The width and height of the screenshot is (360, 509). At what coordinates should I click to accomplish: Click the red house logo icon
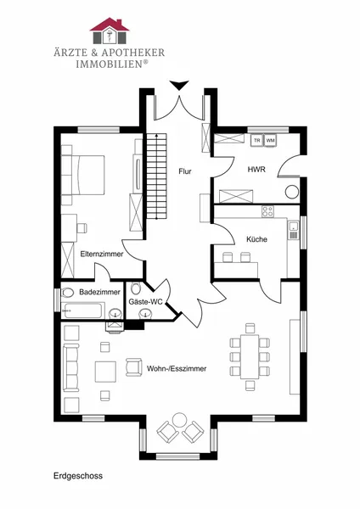coord(110,31)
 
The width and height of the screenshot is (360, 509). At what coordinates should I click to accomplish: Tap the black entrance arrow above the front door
coord(179,85)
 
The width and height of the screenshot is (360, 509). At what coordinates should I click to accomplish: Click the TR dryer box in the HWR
coord(257,141)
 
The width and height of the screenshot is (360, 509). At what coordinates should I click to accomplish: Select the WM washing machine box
coord(270,141)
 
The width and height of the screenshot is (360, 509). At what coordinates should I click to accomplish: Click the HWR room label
coord(256,170)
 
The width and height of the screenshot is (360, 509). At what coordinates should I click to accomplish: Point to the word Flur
coord(185,171)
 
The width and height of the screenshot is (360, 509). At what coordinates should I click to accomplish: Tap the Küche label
coord(256,239)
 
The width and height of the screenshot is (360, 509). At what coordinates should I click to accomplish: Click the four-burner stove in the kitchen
coord(267,211)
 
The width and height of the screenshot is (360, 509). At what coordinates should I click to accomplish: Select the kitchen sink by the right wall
coord(294,230)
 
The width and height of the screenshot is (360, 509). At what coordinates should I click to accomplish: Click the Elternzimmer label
coord(102,254)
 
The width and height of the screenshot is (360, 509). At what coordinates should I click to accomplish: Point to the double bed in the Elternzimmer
coord(83,175)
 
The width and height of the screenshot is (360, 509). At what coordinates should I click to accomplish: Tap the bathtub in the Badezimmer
coord(83,310)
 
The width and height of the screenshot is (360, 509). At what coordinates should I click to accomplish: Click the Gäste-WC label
coord(145,302)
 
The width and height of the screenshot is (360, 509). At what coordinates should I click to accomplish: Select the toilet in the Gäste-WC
coord(136,288)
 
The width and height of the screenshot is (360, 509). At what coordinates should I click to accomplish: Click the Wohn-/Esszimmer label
coord(177,369)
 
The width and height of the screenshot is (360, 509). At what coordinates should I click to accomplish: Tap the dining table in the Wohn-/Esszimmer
coord(250,357)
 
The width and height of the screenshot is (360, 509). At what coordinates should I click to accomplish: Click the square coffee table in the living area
coord(105,372)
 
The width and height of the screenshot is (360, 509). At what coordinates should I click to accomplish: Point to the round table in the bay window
coord(179,419)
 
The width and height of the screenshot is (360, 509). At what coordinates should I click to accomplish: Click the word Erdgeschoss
coord(78,476)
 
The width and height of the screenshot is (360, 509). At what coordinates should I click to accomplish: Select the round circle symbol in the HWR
coord(292,192)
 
